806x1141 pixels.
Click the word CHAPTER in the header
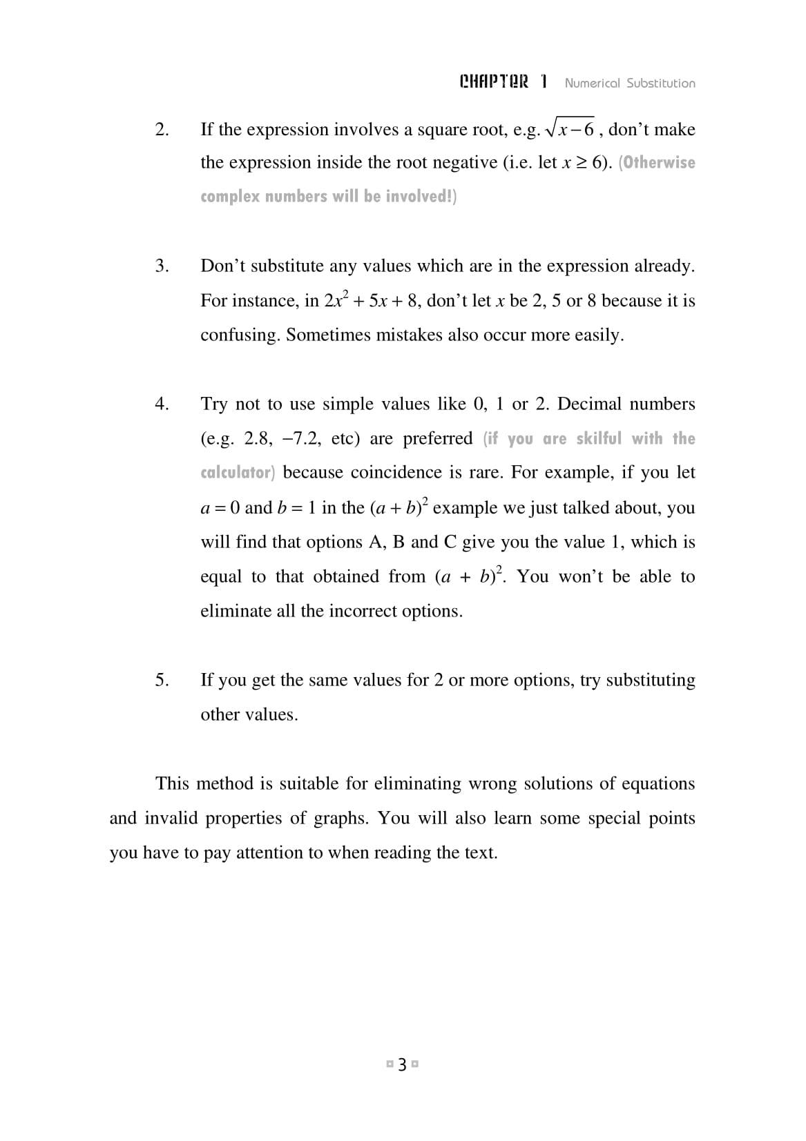(495, 82)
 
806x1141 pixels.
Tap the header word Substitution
(660, 83)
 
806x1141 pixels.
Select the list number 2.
(162, 129)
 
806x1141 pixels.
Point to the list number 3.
(162, 266)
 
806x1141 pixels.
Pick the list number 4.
(162, 403)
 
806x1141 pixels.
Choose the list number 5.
(162, 679)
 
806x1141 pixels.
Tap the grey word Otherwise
(659, 163)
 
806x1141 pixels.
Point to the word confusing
(240, 335)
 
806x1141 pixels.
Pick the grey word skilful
(598, 438)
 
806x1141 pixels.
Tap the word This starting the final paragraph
(172, 783)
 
